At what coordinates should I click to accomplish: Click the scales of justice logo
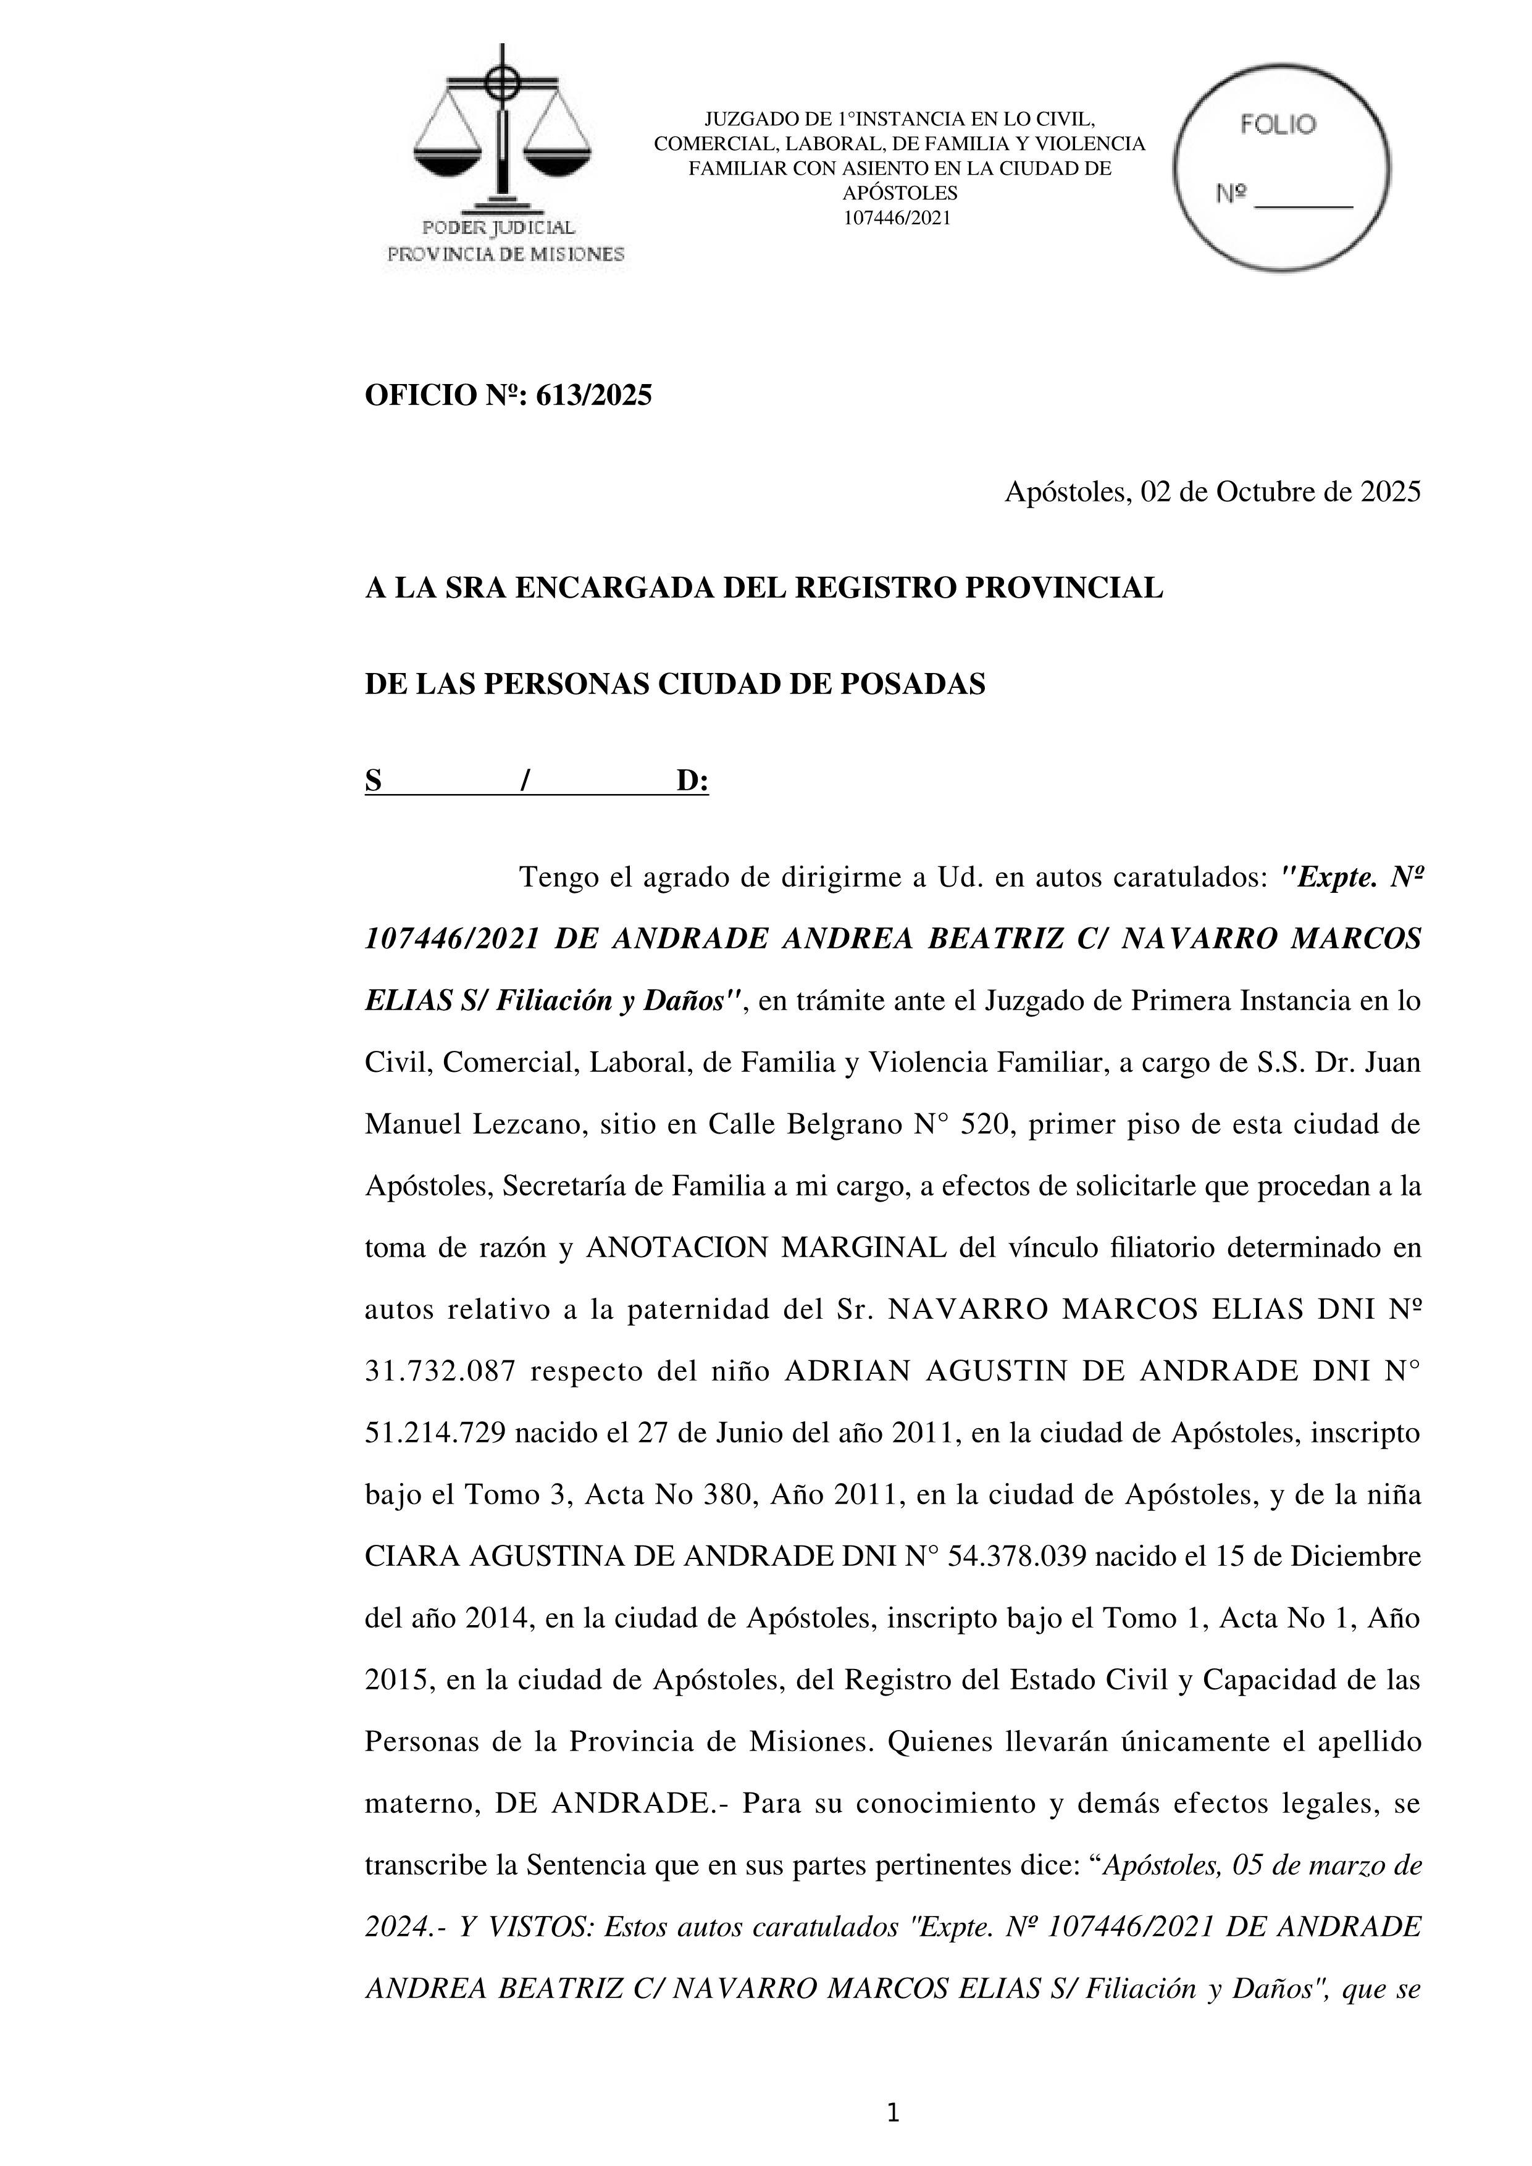coord(503,132)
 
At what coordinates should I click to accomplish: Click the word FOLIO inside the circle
coord(1278,125)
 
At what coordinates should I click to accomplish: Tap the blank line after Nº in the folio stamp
coord(1305,198)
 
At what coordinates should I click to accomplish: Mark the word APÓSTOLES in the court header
coord(899,193)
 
